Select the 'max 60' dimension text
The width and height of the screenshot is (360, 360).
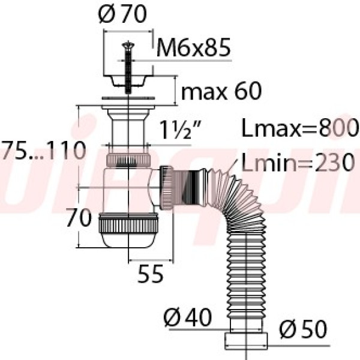(x=221, y=91)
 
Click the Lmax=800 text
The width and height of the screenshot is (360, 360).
(x=299, y=128)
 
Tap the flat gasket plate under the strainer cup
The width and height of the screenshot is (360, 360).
(x=127, y=98)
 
